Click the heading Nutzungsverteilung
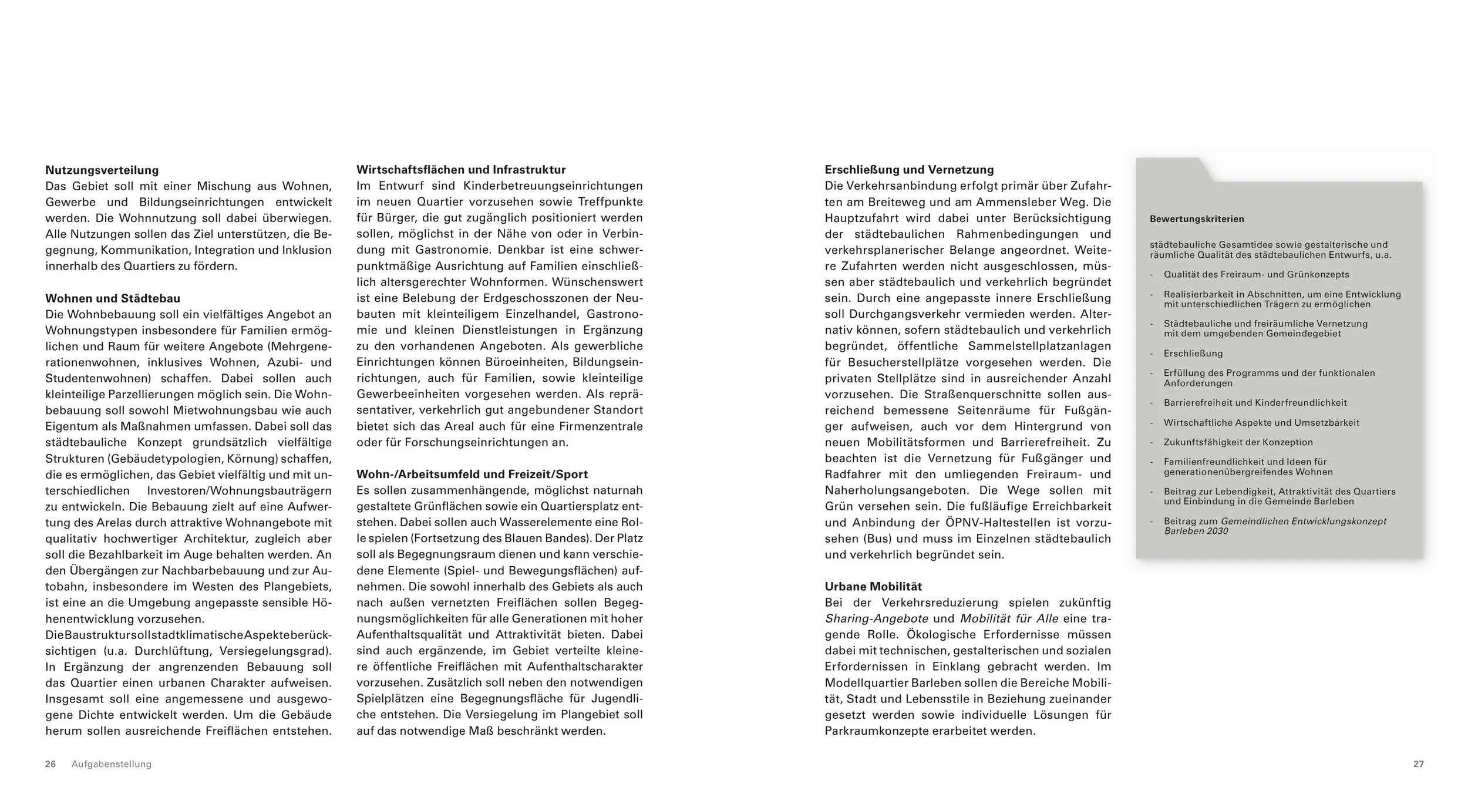point(102,170)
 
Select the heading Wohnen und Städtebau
point(113,298)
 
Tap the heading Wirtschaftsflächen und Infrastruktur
point(461,170)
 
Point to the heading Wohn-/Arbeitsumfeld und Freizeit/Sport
point(472,474)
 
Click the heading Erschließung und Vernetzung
point(909,170)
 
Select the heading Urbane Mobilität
point(873,586)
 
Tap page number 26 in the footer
point(50,764)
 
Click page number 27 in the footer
point(1418,764)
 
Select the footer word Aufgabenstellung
point(112,764)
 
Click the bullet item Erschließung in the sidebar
point(1193,354)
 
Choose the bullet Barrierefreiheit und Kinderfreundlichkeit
point(1255,403)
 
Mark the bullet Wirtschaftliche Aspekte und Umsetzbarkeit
point(1261,423)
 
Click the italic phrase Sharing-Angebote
point(876,618)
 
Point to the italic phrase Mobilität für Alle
point(1009,618)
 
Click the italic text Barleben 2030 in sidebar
point(1196,531)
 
